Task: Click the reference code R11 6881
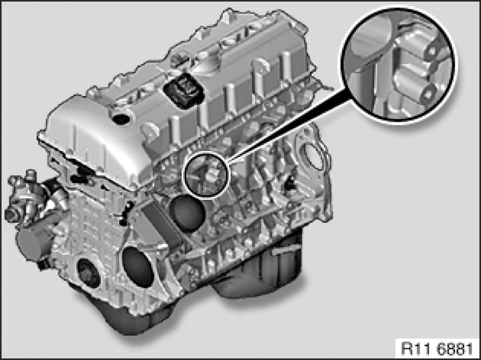[437, 348]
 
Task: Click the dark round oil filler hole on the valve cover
[121, 119]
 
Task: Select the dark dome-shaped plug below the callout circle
[187, 214]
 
